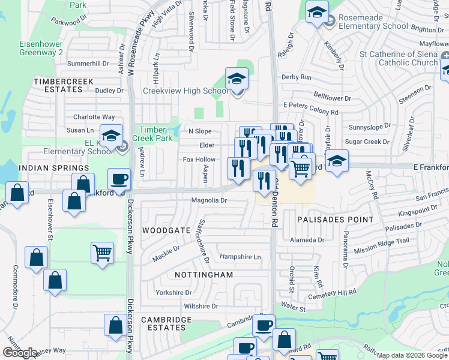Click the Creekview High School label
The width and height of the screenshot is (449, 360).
coord(185,91)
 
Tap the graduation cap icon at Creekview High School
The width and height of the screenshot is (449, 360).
coord(237,79)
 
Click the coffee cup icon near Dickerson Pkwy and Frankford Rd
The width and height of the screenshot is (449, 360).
coord(119,179)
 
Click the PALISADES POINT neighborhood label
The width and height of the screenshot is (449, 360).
coord(335,220)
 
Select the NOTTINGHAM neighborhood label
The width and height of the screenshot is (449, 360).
coord(203,275)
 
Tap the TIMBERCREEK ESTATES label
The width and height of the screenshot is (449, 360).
coord(58,85)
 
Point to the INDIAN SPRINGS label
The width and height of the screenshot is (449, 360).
coord(49,168)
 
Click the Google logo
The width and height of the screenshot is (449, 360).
coord(20,352)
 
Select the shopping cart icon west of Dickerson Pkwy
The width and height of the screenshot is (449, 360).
coord(103,253)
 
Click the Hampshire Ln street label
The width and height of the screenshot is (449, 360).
coord(241,257)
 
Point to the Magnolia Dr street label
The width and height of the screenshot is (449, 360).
coord(209,200)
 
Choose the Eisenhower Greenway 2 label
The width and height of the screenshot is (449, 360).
coord(41,48)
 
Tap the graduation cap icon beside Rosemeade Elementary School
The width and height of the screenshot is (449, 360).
coord(316,12)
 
